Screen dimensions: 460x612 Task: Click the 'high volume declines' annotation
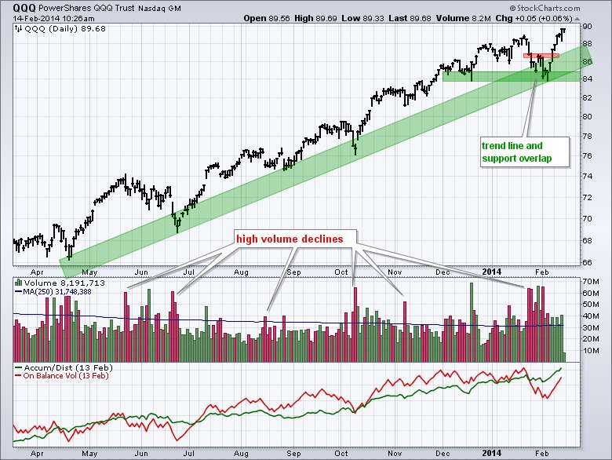pos(295,236)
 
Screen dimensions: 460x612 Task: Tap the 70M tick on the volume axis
pos(592,281)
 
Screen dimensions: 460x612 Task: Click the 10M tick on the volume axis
pos(592,350)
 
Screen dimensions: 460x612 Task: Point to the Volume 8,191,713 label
pos(59,282)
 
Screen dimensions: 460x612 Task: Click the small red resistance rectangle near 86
pos(541,56)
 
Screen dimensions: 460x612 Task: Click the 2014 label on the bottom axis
pos(490,272)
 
